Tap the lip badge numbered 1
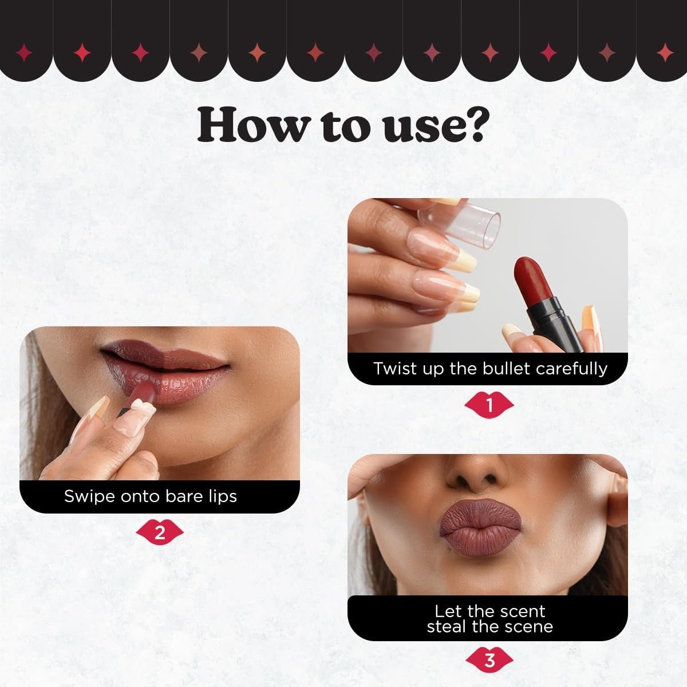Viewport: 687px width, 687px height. (x=489, y=405)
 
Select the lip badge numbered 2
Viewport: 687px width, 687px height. (x=160, y=534)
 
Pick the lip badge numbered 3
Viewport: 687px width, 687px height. (x=489, y=661)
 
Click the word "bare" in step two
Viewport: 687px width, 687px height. (x=185, y=496)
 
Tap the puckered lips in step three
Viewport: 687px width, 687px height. (x=480, y=530)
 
